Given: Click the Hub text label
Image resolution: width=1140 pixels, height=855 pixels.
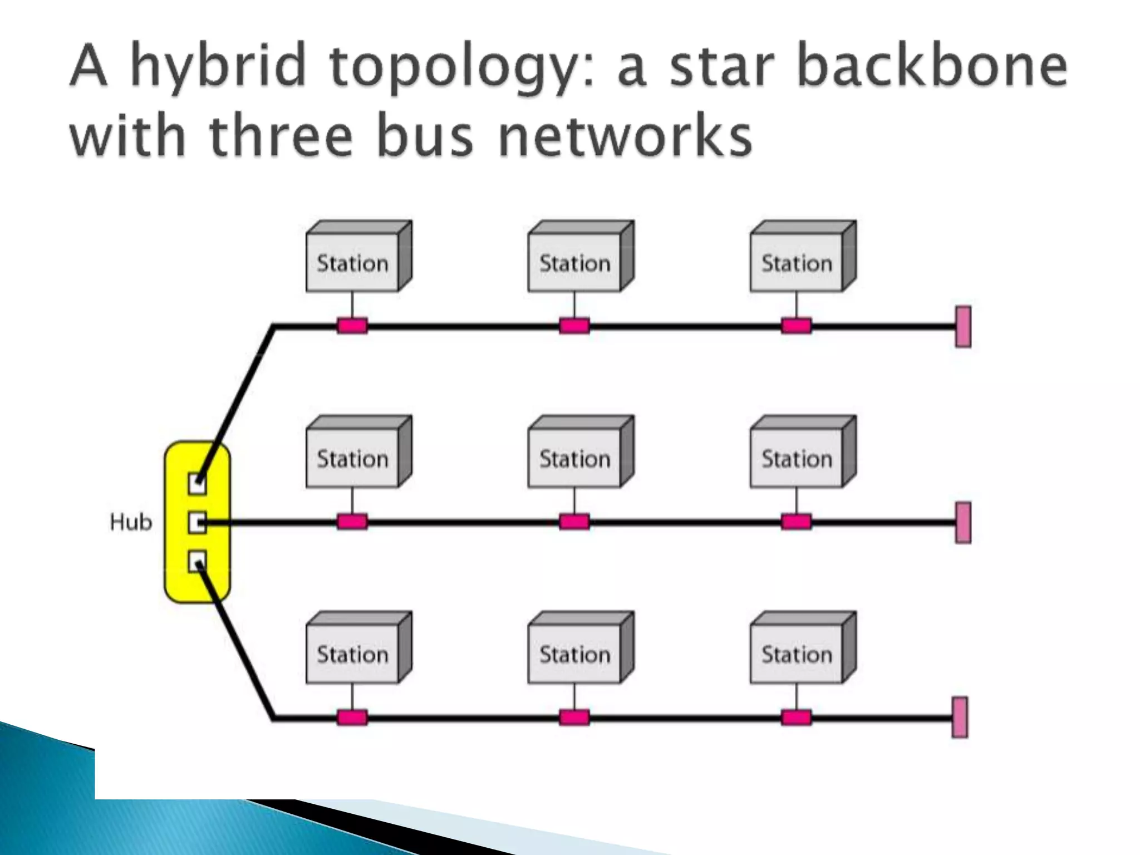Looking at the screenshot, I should tap(131, 522).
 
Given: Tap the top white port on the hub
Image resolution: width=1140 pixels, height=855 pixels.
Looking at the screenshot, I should tap(196, 483).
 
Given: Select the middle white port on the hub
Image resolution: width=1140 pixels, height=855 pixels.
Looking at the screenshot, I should tap(196, 523).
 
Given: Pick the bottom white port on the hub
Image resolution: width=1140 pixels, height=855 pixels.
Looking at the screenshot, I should tap(196, 561).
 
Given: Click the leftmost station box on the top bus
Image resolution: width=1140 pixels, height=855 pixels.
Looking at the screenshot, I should tap(353, 262).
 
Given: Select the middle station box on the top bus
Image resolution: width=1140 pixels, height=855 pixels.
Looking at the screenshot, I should tap(574, 262).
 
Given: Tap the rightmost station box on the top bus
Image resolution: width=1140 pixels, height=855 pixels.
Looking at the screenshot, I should tap(797, 262).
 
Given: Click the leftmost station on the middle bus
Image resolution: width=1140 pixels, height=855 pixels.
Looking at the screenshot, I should tap(353, 458).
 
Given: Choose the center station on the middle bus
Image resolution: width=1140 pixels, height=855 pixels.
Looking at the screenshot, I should tap(574, 458).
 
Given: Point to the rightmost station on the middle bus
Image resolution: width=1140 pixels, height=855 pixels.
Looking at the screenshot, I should tap(797, 458).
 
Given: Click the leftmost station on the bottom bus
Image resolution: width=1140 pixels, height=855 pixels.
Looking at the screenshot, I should tap(353, 653).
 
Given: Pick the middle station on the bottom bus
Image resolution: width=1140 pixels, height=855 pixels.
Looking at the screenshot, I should tap(574, 653).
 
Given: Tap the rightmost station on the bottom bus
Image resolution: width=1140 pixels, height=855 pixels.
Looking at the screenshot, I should tap(797, 653).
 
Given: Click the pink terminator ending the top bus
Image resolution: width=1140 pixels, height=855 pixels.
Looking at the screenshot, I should tap(963, 327).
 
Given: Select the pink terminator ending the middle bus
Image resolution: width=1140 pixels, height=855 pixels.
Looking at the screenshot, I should tap(963, 523).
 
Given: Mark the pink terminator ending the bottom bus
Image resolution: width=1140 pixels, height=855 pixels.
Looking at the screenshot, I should tap(960, 718).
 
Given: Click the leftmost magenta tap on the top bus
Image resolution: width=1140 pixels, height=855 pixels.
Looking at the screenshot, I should tap(352, 326).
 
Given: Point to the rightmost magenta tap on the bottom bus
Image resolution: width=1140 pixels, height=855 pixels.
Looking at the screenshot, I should tap(796, 718).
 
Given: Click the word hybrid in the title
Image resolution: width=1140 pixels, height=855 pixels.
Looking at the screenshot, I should tap(218, 68).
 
